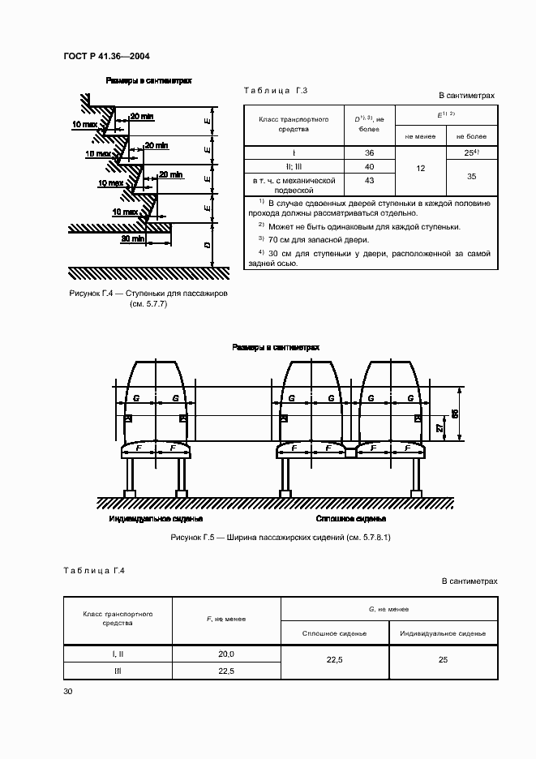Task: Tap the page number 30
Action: [x=68, y=692]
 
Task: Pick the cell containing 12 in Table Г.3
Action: [x=420, y=168]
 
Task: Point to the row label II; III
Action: [x=294, y=166]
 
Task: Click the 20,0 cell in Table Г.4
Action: [x=226, y=654]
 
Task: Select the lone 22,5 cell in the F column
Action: [x=226, y=671]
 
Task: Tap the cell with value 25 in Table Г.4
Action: [x=443, y=660]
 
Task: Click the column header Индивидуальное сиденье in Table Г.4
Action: [x=443, y=632]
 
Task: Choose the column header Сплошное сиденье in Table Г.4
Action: [x=334, y=632]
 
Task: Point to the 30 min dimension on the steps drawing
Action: [x=131, y=239]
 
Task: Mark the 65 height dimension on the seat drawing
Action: [x=455, y=413]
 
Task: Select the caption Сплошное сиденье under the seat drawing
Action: [x=350, y=518]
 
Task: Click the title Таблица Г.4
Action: [x=93, y=570]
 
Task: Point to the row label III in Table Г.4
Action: [x=118, y=671]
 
